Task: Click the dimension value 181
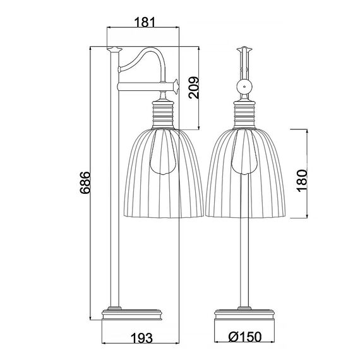click(x=145, y=22)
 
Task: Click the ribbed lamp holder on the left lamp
click(x=167, y=114)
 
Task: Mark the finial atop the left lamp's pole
click(x=114, y=49)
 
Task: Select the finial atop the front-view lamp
click(x=244, y=49)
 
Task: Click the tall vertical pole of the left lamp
click(x=114, y=189)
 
